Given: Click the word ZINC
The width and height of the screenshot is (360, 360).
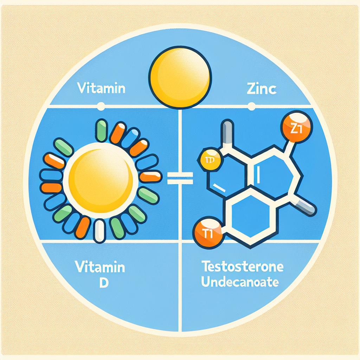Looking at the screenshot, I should click(261, 89).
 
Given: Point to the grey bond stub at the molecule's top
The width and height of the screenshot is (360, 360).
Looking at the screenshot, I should click(228, 133).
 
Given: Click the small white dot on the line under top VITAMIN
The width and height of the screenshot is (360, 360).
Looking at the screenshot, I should click(101, 105).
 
